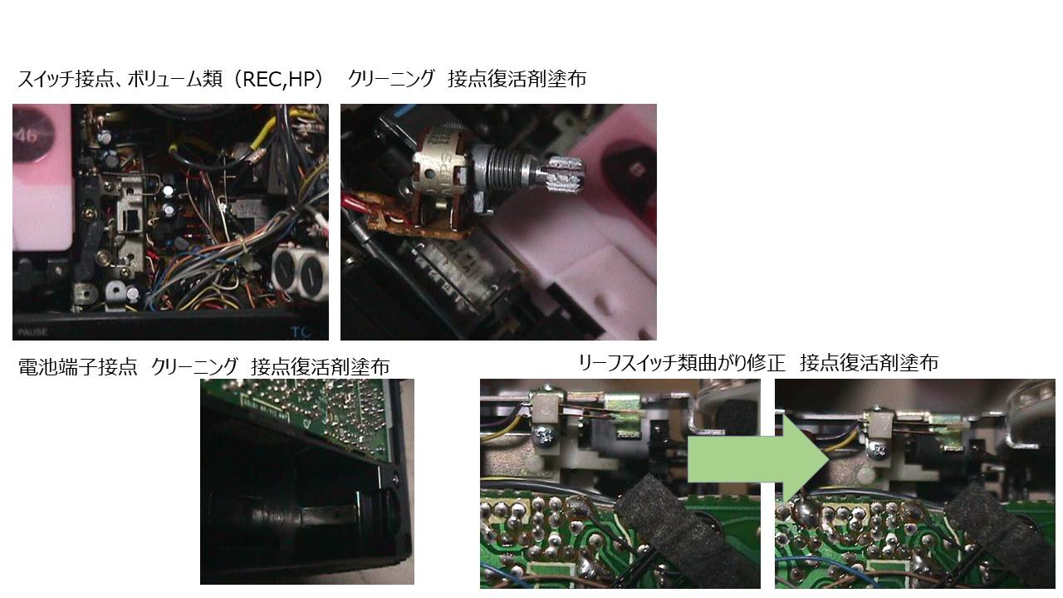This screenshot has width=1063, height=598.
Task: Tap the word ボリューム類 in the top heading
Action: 175,79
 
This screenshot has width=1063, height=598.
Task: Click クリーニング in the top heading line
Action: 391,79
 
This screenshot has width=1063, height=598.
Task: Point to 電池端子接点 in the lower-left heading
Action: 77,367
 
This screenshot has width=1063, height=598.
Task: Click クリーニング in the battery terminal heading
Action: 194,367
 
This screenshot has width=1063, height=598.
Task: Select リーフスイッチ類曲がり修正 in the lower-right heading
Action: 682,364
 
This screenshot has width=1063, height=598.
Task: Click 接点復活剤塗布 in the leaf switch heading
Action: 869,364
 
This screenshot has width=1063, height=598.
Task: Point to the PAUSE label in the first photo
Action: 32,332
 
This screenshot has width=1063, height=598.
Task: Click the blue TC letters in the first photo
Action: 301,332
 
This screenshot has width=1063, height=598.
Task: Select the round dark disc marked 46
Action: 32,135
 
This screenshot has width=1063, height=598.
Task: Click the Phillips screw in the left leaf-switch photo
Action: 543,435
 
